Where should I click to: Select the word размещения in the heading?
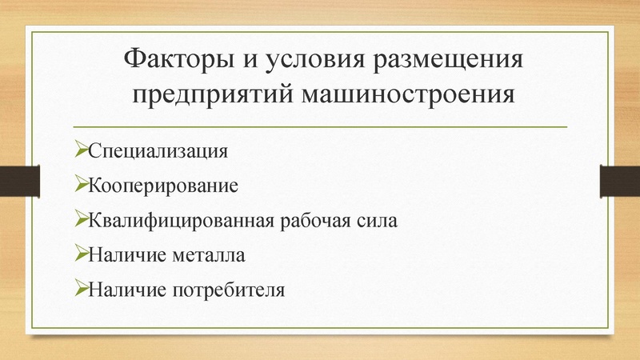442,62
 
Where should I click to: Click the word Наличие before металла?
126,254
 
